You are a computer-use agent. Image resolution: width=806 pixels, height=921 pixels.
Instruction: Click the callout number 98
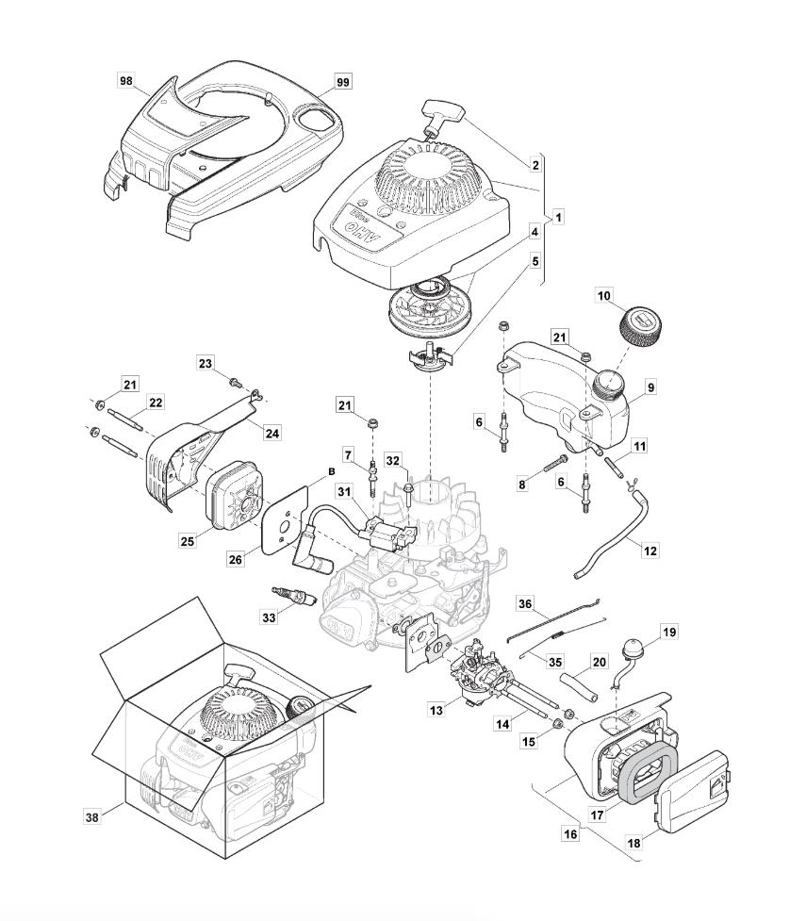coord(126,81)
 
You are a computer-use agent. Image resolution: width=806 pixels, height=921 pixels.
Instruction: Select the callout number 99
coord(342,83)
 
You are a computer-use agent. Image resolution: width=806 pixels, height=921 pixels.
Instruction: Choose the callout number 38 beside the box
coord(91,817)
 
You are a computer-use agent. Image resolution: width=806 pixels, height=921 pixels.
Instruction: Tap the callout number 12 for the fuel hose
coord(650,551)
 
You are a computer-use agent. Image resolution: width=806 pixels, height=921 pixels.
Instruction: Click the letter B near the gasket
coord(331,471)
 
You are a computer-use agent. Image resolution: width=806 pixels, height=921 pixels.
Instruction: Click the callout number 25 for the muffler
coord(187,540)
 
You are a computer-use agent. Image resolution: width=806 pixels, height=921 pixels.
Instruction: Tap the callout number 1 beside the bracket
coord(558,217)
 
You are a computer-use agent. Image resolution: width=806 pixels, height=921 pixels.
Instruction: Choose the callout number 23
coord(206,363)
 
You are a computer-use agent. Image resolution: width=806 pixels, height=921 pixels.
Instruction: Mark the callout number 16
coord(569,834)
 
